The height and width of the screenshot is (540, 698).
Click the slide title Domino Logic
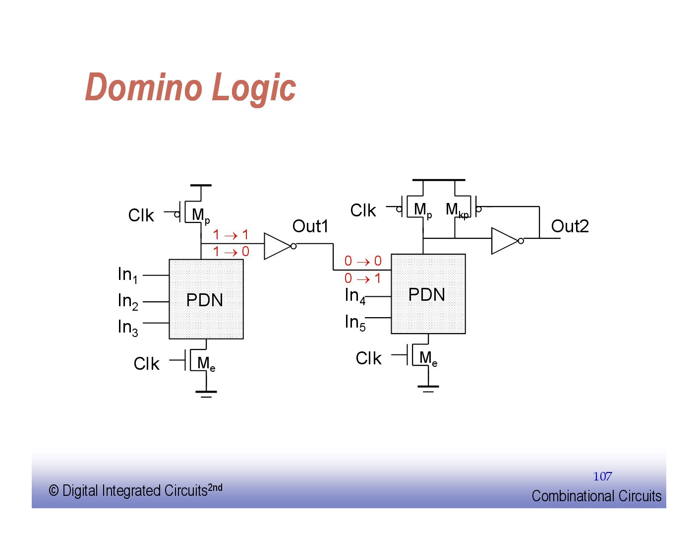191,87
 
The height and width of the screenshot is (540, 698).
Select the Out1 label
310,226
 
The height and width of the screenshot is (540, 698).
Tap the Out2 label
570,226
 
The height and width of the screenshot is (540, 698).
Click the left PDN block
206,299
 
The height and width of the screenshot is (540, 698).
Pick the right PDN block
428,294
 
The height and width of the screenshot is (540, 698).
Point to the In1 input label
127,275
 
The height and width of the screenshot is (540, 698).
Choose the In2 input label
127,301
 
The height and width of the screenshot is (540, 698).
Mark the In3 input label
127,328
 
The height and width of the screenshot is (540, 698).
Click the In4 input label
355,296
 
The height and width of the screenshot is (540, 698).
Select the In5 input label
355,323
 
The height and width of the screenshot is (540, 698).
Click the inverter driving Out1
279,246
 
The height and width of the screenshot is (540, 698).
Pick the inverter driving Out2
506,241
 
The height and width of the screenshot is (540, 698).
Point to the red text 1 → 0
231,252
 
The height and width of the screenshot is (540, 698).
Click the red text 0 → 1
363,278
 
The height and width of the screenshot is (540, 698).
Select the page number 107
602,476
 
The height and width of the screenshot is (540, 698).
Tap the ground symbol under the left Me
206,394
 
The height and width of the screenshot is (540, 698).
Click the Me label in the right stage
428,358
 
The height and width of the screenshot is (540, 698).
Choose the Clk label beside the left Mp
141,215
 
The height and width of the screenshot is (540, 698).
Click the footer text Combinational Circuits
596,496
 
